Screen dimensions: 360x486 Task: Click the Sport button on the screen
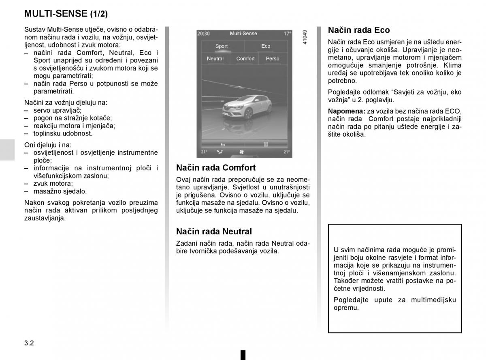222,46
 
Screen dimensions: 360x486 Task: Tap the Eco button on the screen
266,46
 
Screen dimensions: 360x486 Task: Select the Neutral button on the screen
215,59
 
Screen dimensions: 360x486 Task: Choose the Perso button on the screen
273,59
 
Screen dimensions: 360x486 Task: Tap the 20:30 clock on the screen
203,34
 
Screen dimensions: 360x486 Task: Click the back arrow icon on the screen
222,144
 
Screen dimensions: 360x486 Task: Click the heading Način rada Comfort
216,167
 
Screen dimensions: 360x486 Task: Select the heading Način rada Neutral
214,231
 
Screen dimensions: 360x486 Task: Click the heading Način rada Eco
359,30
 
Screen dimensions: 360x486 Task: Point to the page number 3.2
29,343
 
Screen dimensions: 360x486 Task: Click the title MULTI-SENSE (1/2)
66,14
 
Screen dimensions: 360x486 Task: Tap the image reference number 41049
305,37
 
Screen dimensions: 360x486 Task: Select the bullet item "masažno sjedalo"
60,191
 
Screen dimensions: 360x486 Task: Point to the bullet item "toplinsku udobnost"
63,133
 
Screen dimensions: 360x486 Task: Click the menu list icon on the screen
266,144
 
